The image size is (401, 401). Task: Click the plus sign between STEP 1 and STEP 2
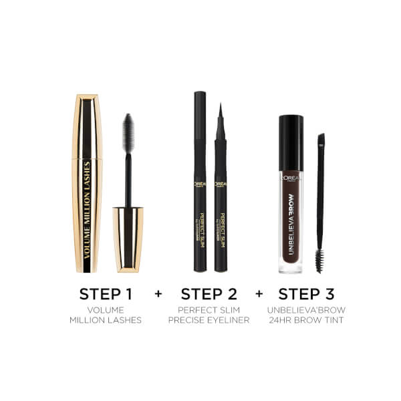tap(158, 294)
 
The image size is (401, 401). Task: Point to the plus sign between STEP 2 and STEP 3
tap(258, 294)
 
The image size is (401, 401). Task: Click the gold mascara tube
tap(87, 184)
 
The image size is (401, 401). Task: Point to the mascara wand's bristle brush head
tap(128, 134)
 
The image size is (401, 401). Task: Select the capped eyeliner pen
tap(200, 180)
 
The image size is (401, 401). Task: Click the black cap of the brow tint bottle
tap(291, 134)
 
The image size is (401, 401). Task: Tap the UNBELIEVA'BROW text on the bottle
tap(291, 224)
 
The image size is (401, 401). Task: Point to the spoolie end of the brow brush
tap(319, 261)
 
